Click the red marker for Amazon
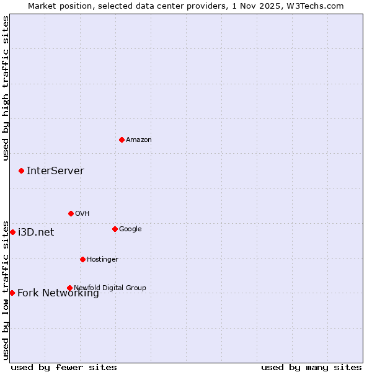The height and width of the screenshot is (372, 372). point(122,139)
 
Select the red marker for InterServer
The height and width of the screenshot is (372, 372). point(21,170)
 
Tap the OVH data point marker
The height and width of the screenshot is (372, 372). point(71,213)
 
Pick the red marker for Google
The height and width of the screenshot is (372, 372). point(115,229)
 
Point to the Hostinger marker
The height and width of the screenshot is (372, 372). point(82,259)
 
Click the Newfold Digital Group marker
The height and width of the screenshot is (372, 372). point(69,288)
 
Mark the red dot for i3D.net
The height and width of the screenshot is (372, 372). point(12,232)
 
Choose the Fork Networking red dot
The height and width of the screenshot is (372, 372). point(12,293)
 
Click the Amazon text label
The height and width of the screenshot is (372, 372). point(139,140)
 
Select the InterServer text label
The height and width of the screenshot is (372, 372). point(55,171)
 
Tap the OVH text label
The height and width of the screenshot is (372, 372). point(82,214)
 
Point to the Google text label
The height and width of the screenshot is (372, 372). point(130,229)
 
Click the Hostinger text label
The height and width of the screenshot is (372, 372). point(102,260)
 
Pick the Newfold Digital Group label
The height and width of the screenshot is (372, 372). point(110,288)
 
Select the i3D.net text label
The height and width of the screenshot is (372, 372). point(36,232)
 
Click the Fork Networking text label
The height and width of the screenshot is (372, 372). point(58,294)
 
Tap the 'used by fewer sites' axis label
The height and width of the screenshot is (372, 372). point(64,367)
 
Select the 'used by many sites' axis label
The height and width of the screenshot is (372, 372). point(311,367)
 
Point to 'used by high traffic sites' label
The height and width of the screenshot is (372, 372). point(6,88)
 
